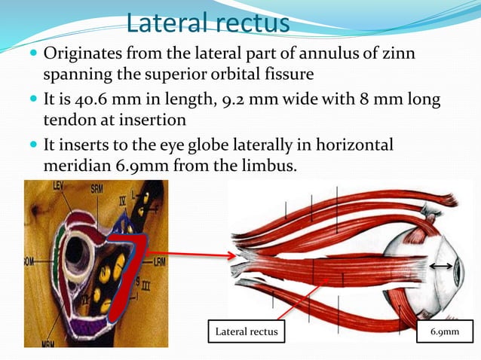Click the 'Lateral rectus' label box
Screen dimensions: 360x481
click(x=247, y=331)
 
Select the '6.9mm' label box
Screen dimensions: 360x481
click(x=443, y=331)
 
